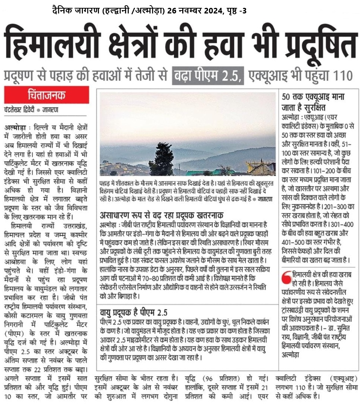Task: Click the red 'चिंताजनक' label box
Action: tap(47, 95)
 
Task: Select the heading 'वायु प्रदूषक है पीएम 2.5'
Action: tap(134, 312)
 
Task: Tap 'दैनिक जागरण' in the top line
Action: tap(75, 11)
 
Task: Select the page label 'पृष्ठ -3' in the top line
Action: tap(235, 11)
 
